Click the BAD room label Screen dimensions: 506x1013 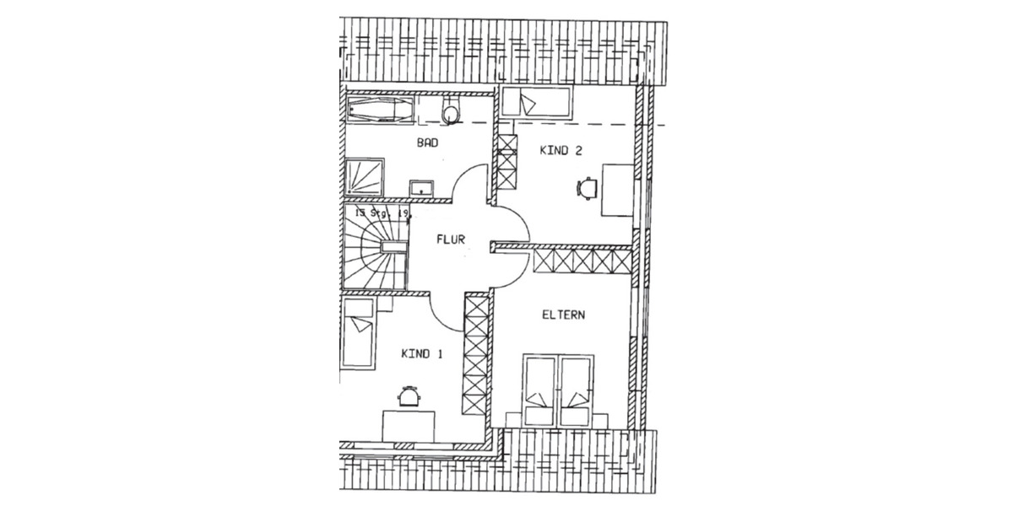click(428, 143)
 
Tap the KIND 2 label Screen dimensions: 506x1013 click(561, 150)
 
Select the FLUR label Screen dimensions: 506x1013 click(451, 239)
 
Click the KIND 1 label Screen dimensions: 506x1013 click(421, 353)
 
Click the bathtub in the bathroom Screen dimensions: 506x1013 click(379, 110)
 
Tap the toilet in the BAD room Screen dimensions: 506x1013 click(452, 111)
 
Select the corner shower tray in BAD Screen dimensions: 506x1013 click(364, 180)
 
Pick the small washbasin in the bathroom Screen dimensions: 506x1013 click(420, 186)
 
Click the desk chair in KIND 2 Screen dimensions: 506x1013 click(585, 188)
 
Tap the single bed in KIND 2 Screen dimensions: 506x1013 click(536, 104)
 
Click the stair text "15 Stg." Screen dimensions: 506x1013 click(370, 214)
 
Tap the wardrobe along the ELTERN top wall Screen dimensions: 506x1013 click(583, 259)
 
